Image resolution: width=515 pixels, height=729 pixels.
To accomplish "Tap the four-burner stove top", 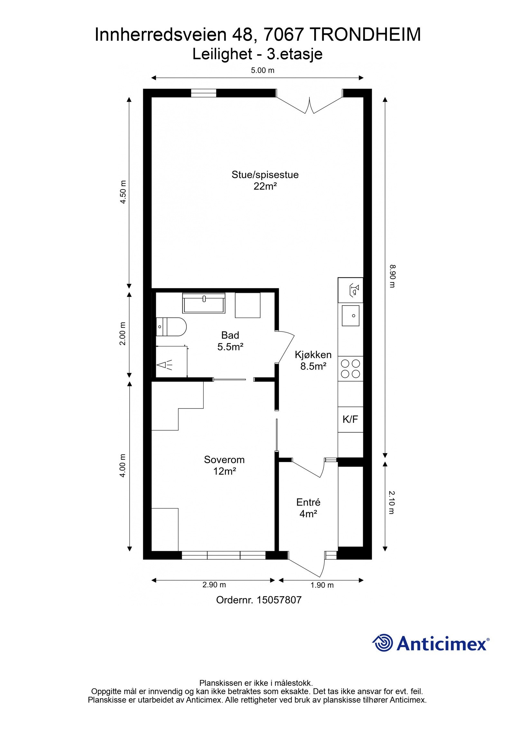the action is point(351,369).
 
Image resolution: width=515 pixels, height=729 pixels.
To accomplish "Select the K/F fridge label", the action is point(350,419).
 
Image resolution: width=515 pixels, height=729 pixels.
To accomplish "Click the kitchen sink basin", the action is point(351,315).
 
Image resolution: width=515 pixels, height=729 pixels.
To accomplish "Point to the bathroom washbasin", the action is point(204,302).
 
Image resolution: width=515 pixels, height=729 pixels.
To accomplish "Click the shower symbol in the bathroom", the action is point(164,365).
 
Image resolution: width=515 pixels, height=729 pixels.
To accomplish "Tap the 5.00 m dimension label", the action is point(263,70).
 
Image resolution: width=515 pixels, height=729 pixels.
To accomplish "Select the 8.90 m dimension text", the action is point(392,276).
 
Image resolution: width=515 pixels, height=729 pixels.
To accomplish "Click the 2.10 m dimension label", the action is point(392,502).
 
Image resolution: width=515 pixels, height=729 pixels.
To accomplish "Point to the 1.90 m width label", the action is point(322,585).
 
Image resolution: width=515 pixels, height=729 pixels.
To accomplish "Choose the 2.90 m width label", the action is point(214,585).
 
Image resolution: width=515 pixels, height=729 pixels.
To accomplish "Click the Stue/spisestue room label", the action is point(265,175).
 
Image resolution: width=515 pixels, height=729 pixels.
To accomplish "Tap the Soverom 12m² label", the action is point(224,465).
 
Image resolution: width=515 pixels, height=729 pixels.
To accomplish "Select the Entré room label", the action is point(308,502).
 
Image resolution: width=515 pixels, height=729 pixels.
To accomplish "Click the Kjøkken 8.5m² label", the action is point(313,360).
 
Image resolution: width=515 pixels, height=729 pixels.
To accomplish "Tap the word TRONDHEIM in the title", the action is point(367,35).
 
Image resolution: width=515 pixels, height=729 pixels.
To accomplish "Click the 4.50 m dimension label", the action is point(123,192).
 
